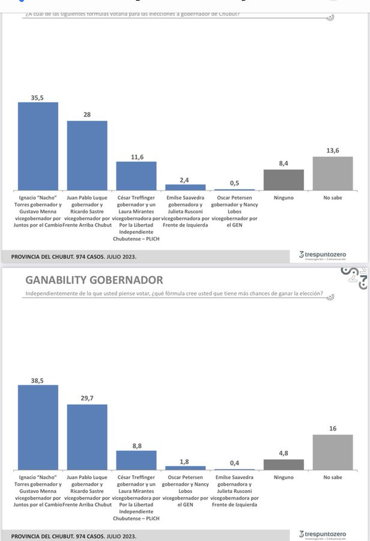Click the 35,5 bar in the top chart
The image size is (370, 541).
pyautogui.click(x=38, y=146)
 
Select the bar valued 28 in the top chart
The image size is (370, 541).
pyautogui.click(x=87, y=155)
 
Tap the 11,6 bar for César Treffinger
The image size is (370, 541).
pyautogui.click(x=136, y=176)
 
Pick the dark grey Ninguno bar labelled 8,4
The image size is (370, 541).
pyautogui.click(x=283, y=180)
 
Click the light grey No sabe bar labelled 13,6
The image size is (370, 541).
pyautogui.click(x=332, y=173)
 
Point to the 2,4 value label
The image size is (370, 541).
pyautogui.click(x=184, y=180)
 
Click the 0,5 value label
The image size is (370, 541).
pyautogui.click(x=234, y=183)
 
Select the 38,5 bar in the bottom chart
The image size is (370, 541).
pyautogui.click(x=38, y=427)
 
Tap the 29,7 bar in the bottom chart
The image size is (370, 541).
pyautogui.click(x=87, y=437)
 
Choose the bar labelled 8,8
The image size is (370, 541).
pyautogui.click(x=136, y=460)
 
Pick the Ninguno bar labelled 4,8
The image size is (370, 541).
pyautogui.click(x=283, y=464)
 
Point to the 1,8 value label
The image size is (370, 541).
pyautogui.click(x=184, y=462)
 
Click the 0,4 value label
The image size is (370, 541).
pyautogui.click(x=234, y=463)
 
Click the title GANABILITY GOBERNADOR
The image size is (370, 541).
pyautogui.click(x=94, y=280)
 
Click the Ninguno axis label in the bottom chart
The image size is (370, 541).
pyautogui.click(x=283, y=477)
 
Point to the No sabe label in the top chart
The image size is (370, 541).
pyautogui.click(x=332, y=198)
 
